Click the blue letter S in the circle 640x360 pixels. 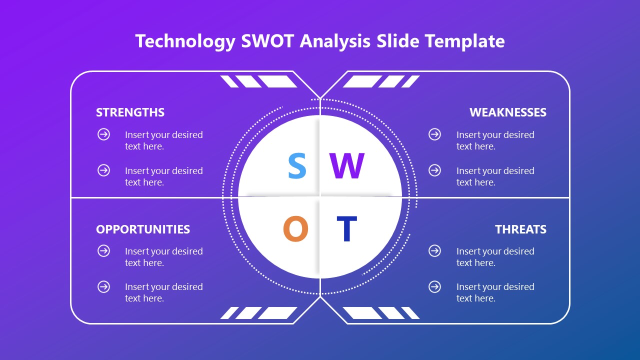pos(297,166)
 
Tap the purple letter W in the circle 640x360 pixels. pos(346,166)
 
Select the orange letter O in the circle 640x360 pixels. pos(295,229)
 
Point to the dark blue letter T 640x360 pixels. pos(346,229)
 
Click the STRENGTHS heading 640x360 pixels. pos(130,112)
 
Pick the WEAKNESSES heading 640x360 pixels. pos(507,112)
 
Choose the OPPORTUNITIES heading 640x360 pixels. pos(143,229)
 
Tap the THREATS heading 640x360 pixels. pos(520,229)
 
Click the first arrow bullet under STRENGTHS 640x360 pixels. pos(103,134)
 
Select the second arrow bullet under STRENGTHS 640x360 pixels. pos(103,170)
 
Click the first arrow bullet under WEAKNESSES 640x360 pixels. pos(435,134)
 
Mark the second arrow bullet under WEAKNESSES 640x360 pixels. pos(435,170)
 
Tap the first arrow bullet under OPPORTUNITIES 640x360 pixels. pos(103,251)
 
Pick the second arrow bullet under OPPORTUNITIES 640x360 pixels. pos(103,286)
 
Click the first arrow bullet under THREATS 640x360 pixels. pos(435,251)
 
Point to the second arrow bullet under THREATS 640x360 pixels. pos(435,286)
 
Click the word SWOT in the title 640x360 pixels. pos(267,41)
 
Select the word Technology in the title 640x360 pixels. pos(185,41)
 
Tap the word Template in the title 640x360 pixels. pos(464,41)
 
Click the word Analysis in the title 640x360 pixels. pos(335,41)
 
